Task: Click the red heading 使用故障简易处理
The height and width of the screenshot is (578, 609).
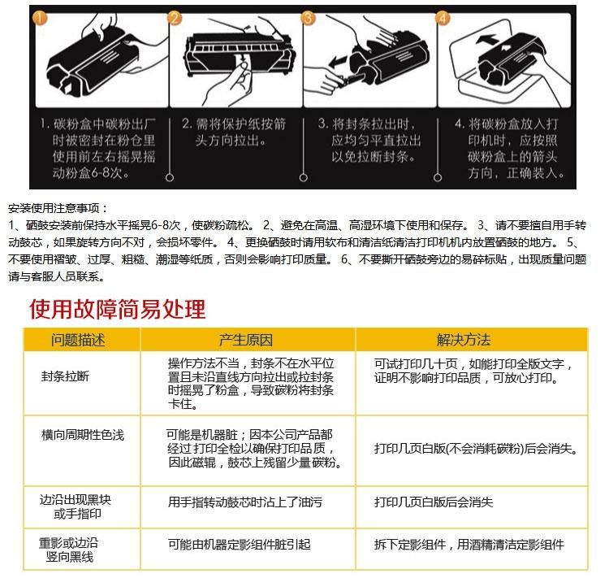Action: coord(118,310)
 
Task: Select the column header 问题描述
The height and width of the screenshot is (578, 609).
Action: coord(79,340)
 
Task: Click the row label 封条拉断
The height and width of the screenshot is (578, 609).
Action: coord(67,377)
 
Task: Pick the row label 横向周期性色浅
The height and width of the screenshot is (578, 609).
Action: coord(83,436)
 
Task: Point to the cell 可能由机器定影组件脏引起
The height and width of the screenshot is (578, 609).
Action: coord(240,545)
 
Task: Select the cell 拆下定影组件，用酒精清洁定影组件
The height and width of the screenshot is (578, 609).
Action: coord(469,545)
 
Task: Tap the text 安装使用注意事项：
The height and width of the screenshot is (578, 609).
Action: coord(58,209)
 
